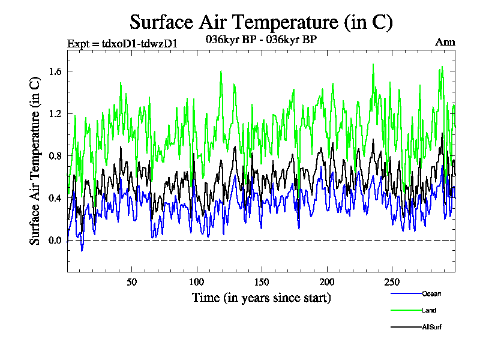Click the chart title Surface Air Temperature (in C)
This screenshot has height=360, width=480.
pyautogui.click(x=261, y=23)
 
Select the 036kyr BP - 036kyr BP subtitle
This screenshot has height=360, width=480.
pyautogui.click(x=261, y=40)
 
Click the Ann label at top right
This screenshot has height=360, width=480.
pyautogui.click(x=445, y=42)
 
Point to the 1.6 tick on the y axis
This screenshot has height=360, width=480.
pyautogui.click(x=55, y=71)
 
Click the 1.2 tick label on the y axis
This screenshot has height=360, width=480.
pyautogui.click(x=55, y=113)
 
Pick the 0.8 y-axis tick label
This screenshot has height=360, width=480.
pyautogui.click(x=55, y=156)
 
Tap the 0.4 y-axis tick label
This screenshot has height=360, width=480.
pyautogui.click(x=55, y=198)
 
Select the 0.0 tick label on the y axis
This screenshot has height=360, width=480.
pyautogui.click(x=55, y=241)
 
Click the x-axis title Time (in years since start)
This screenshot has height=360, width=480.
pyautogui.click(x=261, y=298)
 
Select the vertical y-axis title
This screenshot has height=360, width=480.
pyautogui.click(x=35, y=162)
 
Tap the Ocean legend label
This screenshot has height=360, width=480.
pyautogui.click(x=431, y=293)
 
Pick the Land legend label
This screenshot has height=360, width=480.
pyautogui.click(x=429, y=310)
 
